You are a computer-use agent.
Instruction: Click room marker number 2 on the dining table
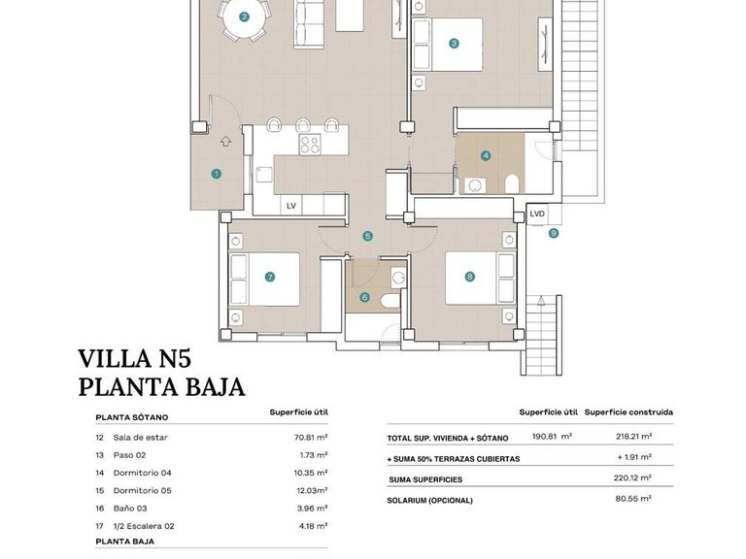click(244, 16)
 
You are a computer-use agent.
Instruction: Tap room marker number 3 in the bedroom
click(454, 43)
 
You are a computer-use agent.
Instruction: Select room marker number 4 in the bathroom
click(486, 155)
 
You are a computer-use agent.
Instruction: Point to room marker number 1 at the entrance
click(216, 174)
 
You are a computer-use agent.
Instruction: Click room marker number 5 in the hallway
click(367, 236)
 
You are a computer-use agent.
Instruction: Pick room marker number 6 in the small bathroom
click(365, 297)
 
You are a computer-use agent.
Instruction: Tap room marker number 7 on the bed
click(270, 277)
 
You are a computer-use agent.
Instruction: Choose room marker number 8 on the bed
click(470, 277)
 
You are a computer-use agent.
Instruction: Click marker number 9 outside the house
click(553, 233)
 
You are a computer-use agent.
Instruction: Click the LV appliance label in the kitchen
click(289, 206)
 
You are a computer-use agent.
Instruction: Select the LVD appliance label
click(537, 214)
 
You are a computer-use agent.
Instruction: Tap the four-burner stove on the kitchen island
click(310, 146)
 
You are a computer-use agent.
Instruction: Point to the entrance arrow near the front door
click(225, 142)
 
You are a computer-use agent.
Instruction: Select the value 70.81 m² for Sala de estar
click(310, 438)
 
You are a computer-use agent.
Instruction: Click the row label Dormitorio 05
click(142, 490)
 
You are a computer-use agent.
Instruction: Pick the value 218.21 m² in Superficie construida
click(632, 437)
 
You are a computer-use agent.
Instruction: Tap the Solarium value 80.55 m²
click(632, 499)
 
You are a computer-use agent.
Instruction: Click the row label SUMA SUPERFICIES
click(425, 479)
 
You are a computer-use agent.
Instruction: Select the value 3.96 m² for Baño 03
click(312, 508)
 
